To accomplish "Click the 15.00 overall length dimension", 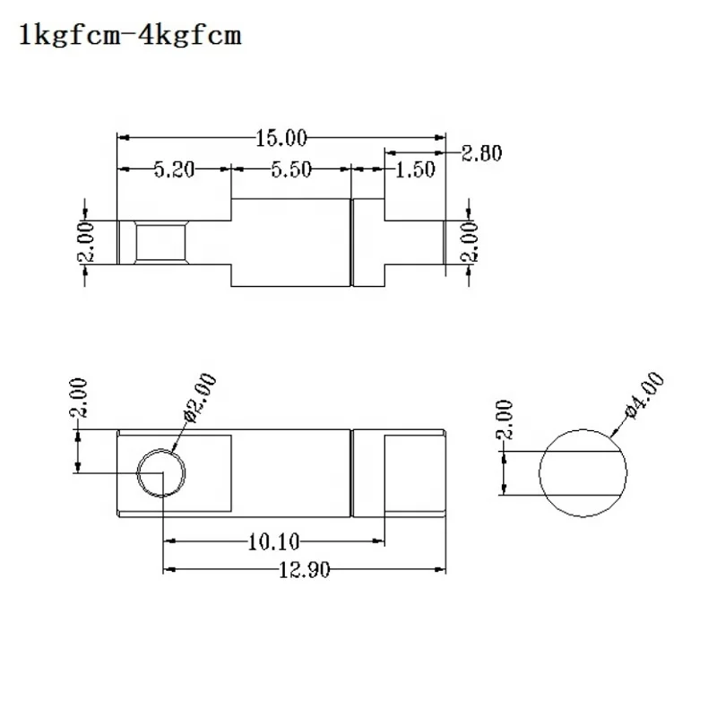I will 281,138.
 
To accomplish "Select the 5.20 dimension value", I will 176,168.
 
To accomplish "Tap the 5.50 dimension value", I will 290,168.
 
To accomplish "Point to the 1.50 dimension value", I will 414,168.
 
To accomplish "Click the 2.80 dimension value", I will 481,152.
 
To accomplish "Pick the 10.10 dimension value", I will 274,540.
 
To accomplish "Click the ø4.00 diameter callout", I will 643,395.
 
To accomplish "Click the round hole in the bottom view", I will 161,471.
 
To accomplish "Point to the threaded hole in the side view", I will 160,242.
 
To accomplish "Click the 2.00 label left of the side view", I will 86,243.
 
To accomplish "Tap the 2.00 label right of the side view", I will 469,242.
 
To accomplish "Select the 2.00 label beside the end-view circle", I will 505,419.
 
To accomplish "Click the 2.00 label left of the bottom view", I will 79,400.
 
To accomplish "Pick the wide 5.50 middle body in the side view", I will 290,242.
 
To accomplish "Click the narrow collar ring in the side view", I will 366,242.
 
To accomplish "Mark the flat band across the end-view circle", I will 582,471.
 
